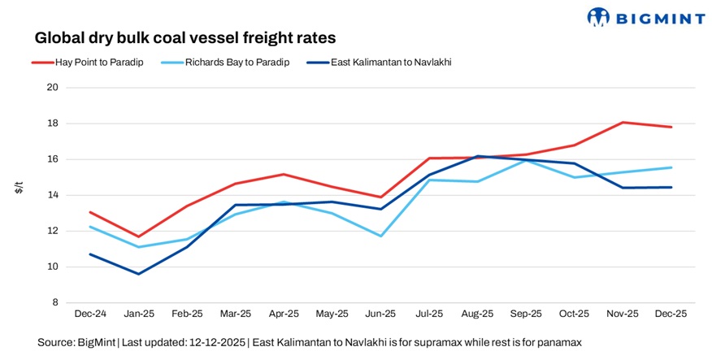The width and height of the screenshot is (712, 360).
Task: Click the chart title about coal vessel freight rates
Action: tap(185, 37)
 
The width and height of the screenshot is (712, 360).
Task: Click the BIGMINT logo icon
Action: tap(598, 16)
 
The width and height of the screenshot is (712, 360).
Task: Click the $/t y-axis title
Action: tap(19, 189)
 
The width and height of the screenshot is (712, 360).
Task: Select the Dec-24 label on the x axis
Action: tap(89, 313)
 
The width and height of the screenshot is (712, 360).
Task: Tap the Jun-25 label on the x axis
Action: tap(380, 313)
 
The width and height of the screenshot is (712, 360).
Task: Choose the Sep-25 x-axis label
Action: tap(526, 313)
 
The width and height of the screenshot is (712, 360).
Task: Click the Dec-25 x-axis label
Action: tap(671, 313)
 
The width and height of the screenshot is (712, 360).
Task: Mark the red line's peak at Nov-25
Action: tap(623, 123)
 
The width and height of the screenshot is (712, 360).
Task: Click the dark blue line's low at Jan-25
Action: tap(138, 274)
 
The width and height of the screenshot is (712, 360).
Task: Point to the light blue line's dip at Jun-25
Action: tap(380, 236)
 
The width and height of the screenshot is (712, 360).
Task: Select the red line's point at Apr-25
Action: tap(284, 174)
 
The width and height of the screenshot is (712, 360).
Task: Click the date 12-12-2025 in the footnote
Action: tap(215, 343)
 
